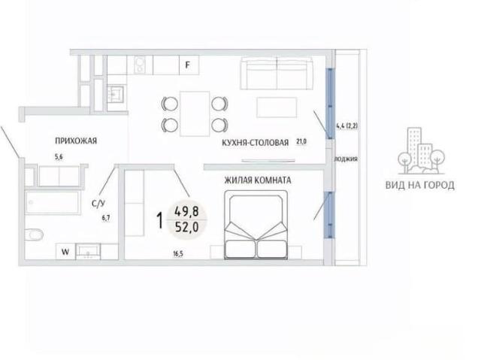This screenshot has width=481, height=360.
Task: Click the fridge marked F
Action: [189, 65]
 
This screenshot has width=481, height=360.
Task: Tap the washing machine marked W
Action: [65, 252]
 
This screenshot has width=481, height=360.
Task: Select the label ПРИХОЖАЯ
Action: [76, 141]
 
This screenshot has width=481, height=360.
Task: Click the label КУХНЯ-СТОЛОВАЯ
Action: [256, 143]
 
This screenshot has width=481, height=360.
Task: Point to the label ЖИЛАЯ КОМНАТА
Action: [258, 180]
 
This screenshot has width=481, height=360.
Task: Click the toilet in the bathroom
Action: [34, 234]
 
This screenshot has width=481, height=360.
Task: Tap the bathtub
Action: [53, 202]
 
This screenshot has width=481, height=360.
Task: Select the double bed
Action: [256, 225]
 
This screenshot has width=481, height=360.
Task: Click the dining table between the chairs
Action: [195, 113]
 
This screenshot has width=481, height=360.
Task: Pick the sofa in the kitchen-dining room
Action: [277, 73]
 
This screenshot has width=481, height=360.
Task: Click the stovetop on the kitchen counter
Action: [140, 65]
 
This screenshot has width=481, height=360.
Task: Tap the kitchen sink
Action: [115, 93]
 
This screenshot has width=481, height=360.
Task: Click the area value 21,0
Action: [301, 141]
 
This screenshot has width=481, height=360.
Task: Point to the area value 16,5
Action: [178, 253]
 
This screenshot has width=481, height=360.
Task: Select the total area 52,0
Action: [186, 227]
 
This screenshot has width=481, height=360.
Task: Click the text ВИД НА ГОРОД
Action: [419, 185]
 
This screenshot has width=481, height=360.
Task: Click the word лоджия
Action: [346, 159]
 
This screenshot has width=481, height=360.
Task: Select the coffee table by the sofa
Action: [277, 107]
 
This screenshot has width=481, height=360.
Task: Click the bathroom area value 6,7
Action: [106, 218]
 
